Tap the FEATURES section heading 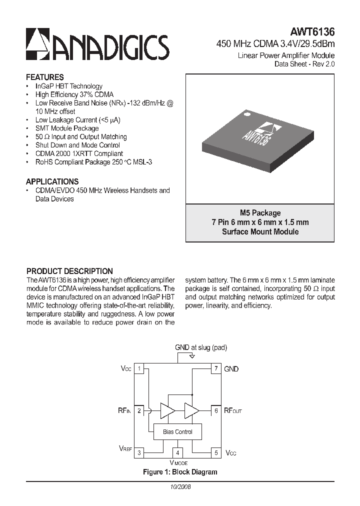click(x=44, y=77)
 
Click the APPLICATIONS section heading click(x=52, y=181)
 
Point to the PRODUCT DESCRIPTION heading click(x=69, y=271)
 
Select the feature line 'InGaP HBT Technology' click(x=68, y=86)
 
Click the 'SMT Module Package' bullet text click(x=67, y=128)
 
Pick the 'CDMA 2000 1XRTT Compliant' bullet click(x=79, y=154)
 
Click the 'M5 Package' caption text click(x=260, y=213)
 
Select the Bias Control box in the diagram click(x=177, y=432)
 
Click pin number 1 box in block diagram click(x=140, y=369)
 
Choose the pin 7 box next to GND click(x=216, y=369)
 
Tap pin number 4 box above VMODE click(x=177, y=453)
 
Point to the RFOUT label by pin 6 click(x=232, y=411)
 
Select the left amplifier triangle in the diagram click(x=167, y=410)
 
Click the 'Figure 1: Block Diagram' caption click(x=179, y=472)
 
